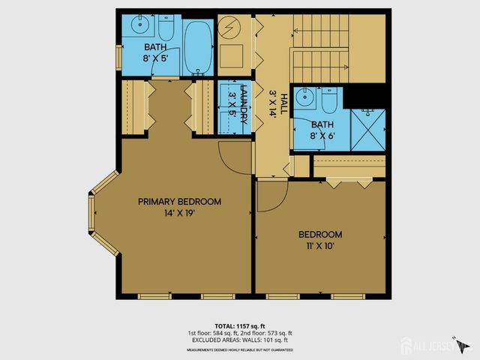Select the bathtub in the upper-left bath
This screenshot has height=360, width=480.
pyautogui.click(x=197, y=47)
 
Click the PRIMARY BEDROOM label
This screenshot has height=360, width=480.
pyautogui.click(x=179, y=202)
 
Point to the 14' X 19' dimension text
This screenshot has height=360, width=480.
pyautogui.click(x=179, y=214)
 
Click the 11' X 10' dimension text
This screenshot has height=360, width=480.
pyautogui.click(x=319, y=246)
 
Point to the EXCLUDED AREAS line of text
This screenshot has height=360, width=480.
pyautogui.click(x=240, y=339)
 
